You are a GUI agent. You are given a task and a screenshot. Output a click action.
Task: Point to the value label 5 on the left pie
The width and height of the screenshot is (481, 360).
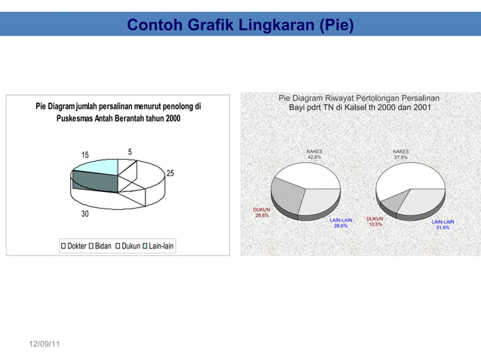click(130, 152)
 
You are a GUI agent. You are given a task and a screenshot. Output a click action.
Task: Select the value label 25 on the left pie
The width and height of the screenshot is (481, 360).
click(170, 174)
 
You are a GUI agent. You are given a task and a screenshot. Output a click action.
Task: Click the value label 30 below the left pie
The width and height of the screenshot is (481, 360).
click(85, 215)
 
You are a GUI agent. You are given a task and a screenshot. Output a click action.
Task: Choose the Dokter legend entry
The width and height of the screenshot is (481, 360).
click(72, 246)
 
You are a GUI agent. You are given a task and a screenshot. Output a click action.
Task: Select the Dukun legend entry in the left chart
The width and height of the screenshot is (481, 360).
click(130, 246)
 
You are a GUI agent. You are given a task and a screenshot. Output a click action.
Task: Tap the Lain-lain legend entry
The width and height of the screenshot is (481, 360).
click(158, 246)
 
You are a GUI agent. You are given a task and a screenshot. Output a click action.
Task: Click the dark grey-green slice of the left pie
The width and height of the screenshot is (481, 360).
click(94, 182)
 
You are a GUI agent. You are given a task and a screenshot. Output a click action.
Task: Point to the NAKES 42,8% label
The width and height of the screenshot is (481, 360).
click(314, 154)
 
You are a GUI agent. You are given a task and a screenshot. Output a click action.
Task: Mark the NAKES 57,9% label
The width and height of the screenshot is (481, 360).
click(400, 154)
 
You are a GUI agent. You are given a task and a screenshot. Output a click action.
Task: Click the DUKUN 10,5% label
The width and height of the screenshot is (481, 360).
click(375, 221)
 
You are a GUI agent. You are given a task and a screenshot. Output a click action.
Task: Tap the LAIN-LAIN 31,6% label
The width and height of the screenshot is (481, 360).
click(443, 224)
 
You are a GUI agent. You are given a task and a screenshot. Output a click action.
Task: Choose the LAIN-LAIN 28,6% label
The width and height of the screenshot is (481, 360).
click(341, 223)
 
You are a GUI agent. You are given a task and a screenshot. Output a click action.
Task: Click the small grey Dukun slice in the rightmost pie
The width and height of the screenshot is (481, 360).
click(394, 201)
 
